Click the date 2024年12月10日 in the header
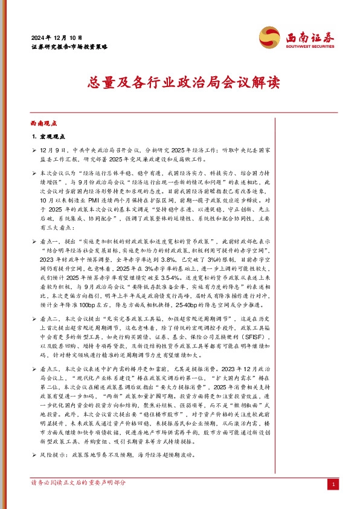(55, 37)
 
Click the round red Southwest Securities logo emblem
(269, 37)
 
